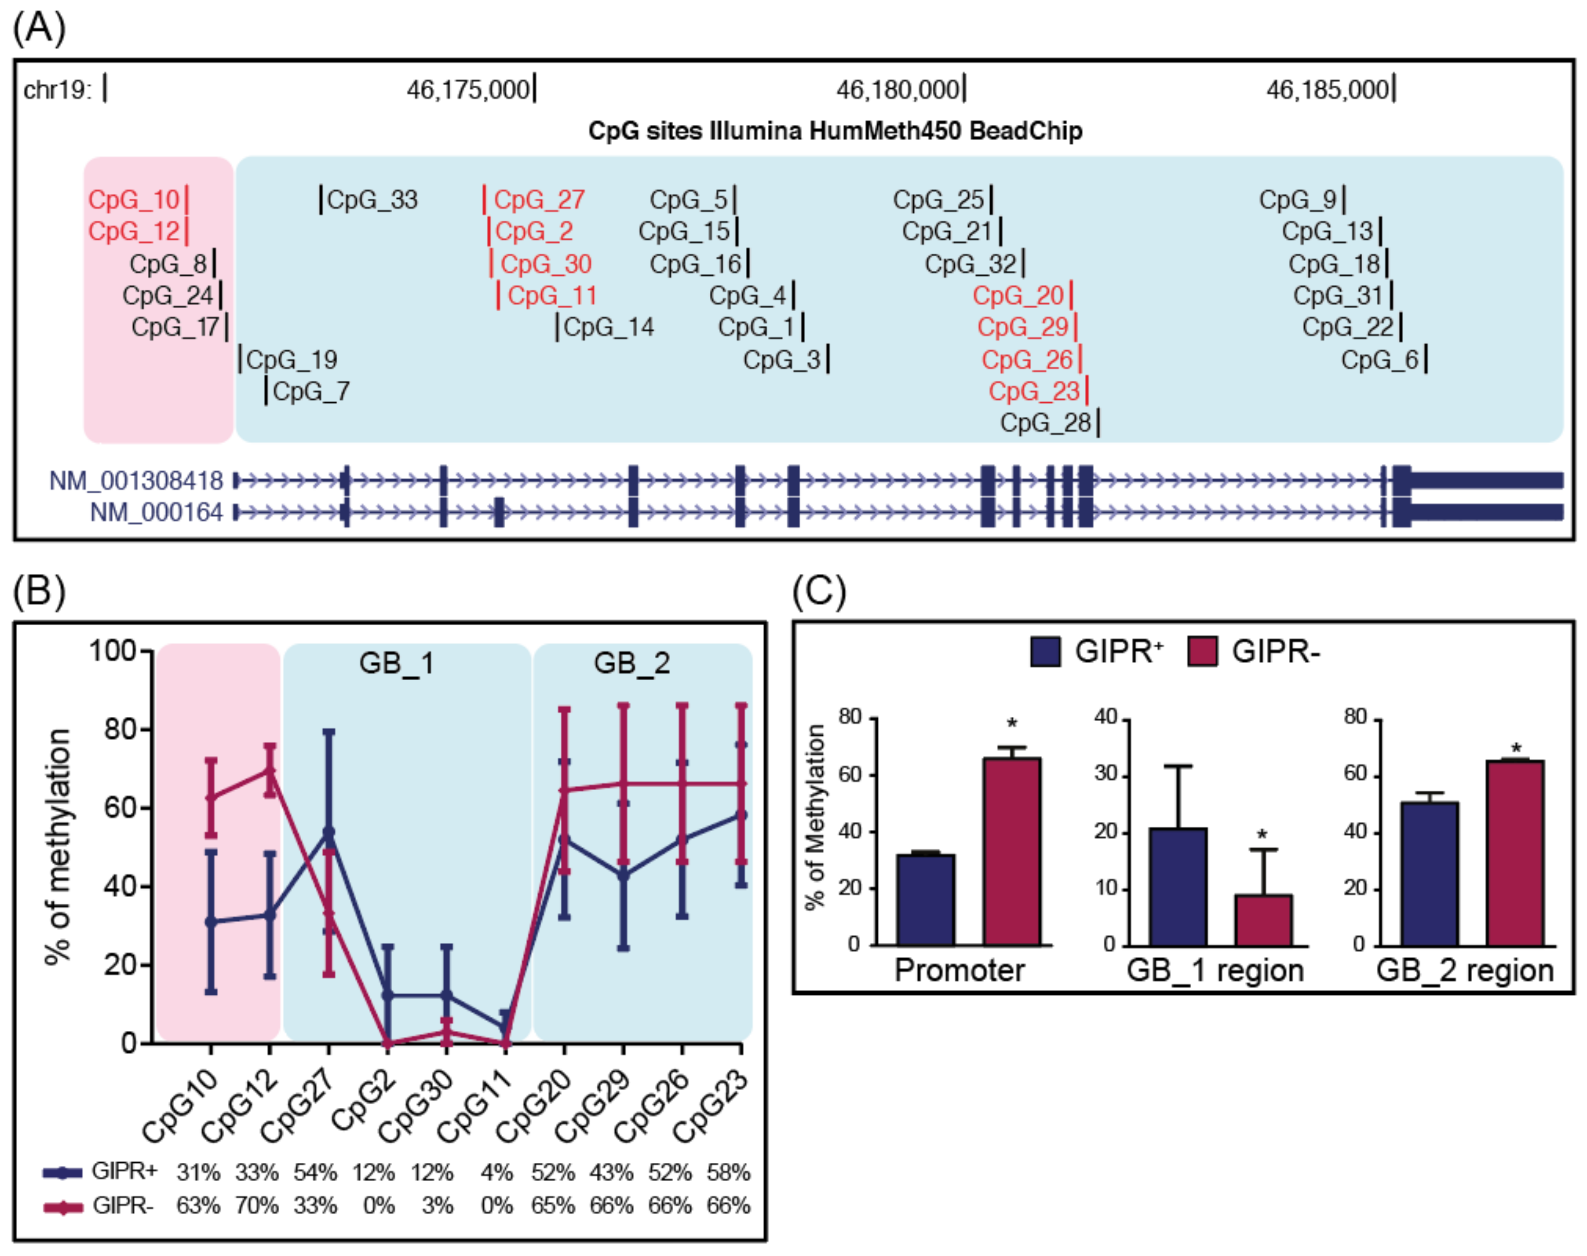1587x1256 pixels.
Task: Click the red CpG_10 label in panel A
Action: click(x=134, y=199)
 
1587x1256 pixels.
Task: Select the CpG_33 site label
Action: click(x=372, y=199)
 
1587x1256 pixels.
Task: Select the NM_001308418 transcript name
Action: click(x=136, y=481)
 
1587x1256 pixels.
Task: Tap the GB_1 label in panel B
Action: click(x=396, y=663)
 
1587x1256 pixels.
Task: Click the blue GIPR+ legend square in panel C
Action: click(x=1045, y=651)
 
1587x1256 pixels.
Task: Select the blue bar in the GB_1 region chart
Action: click(x=1178, y=886)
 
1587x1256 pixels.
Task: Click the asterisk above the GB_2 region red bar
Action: click(x=1516, y=749)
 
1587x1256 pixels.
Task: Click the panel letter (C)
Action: click(x=819, y=591)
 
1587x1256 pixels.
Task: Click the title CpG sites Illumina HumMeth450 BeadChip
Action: click(x=835, y=131)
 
